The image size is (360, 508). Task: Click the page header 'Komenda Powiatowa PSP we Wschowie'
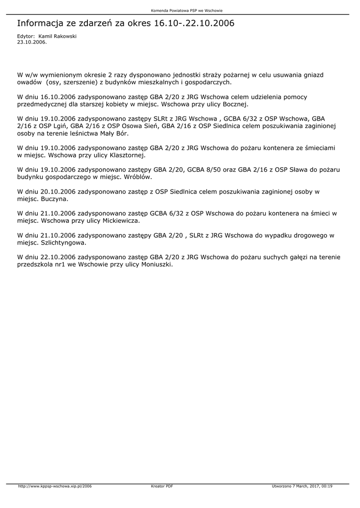coord(180,10)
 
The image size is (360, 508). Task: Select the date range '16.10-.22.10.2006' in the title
coord(194,23)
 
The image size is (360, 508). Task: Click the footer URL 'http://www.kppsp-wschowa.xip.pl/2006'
coord(55,486)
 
